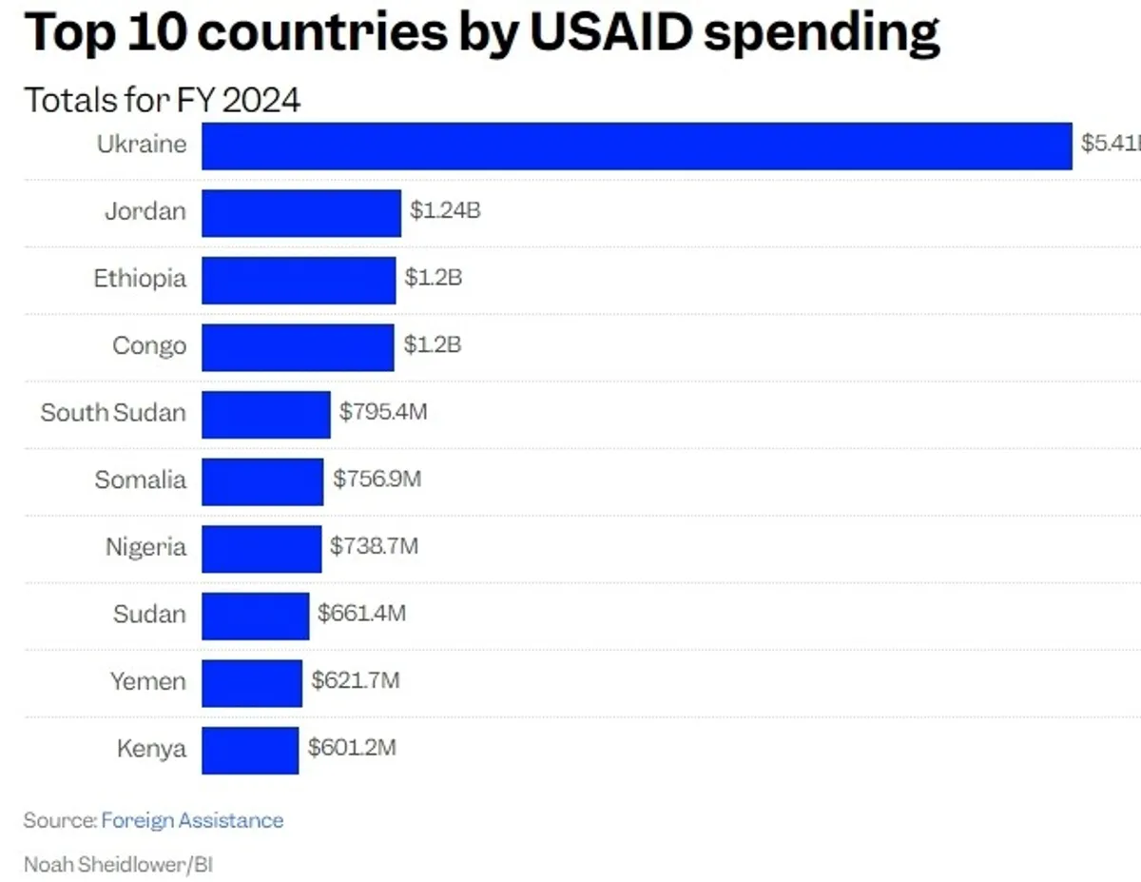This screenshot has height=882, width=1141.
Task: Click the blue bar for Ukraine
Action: (x=636, y=146)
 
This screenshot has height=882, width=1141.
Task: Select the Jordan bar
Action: (x=300, y=212)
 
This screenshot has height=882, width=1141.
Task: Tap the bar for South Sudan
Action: (x=265, y=414)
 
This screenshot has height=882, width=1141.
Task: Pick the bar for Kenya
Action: (x=249, y=750)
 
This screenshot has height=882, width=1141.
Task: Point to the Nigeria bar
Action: (x=261, y=548)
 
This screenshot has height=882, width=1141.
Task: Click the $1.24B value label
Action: (x=445, y=210)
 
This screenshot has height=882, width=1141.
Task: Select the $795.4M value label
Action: (x=383, y=412)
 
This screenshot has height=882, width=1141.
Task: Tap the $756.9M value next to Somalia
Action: (x=377, y=479)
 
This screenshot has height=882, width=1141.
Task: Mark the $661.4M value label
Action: (x=361, y=614)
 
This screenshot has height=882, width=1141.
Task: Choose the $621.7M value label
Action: (x=356, y=680)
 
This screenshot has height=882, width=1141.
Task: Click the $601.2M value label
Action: (x=352, y=748)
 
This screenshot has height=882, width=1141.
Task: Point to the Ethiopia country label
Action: (x=140, y=279)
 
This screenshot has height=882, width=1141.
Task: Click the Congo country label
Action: (x=149, y=345)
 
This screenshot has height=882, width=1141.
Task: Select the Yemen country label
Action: (x=147, y=681)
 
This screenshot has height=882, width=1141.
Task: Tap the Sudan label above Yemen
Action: (x=149, y=614)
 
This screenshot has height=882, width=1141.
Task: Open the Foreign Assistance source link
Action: (x=192, y=820)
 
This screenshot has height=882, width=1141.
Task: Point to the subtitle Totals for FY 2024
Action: (x=162, y=100)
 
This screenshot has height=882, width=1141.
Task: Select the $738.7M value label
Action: (x=374, y=546)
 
